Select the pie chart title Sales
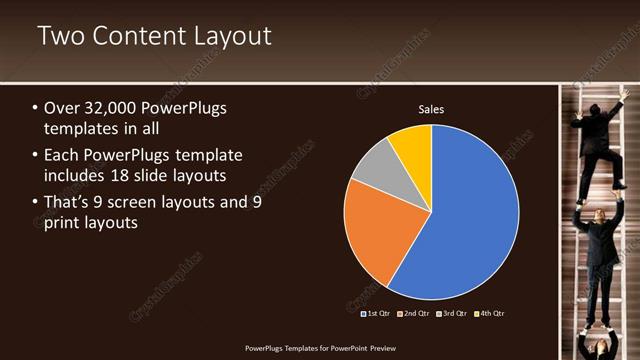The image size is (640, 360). [x=431, y=110]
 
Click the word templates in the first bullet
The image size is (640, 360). [x=81, y=129]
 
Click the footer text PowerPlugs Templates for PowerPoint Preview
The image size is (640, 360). [x=320, y=348]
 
